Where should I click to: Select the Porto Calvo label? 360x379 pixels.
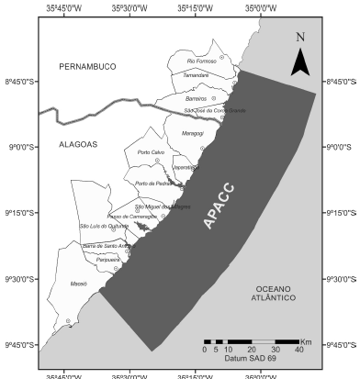(151, 151)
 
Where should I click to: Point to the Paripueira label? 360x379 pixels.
(108, 260)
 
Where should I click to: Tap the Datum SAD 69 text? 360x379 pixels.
(242, 359)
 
